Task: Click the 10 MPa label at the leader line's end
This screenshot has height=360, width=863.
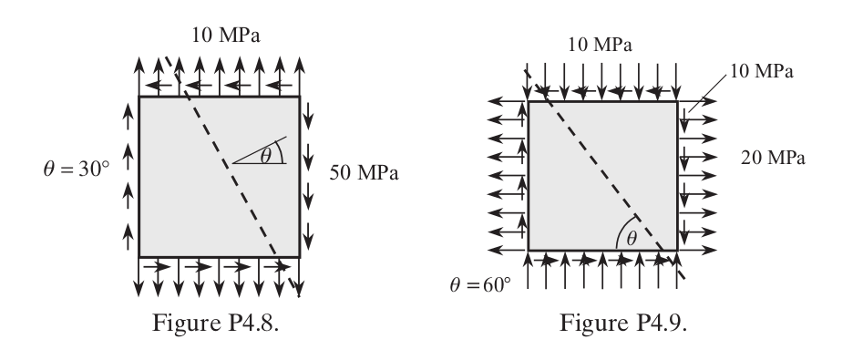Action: [x=766, y=71]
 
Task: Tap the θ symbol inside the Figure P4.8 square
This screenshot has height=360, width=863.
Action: [x=265, y=156]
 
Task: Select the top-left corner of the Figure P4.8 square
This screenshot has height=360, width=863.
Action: [x=139, y=97]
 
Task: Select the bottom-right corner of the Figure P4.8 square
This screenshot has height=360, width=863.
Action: [x=299, y=256]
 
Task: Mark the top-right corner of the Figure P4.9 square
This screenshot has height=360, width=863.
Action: [x=677, y=102]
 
